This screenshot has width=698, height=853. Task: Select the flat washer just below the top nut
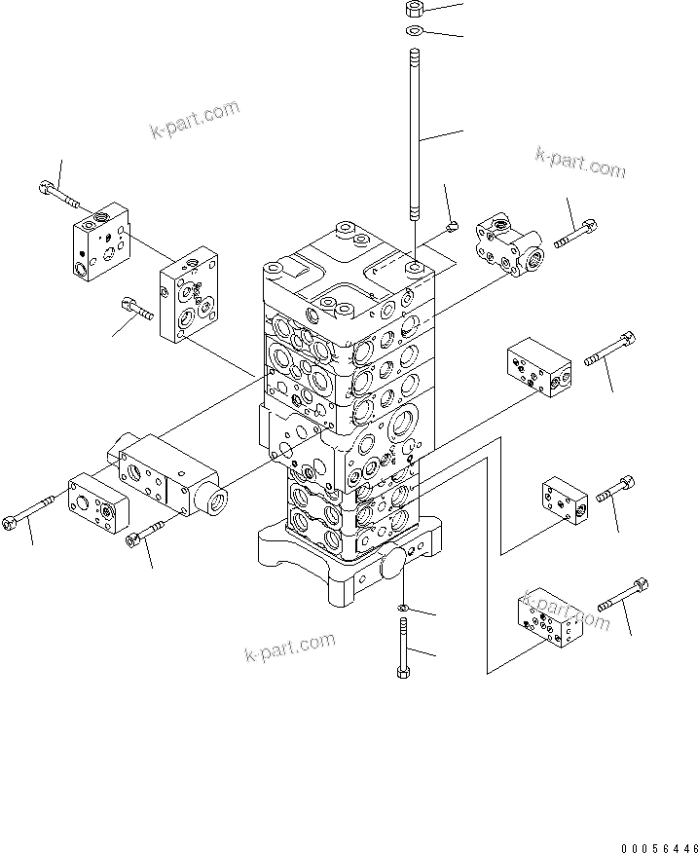[413, 32]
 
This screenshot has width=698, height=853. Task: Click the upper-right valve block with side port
[512, 244]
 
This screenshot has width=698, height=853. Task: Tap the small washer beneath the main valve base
[403, 610]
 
